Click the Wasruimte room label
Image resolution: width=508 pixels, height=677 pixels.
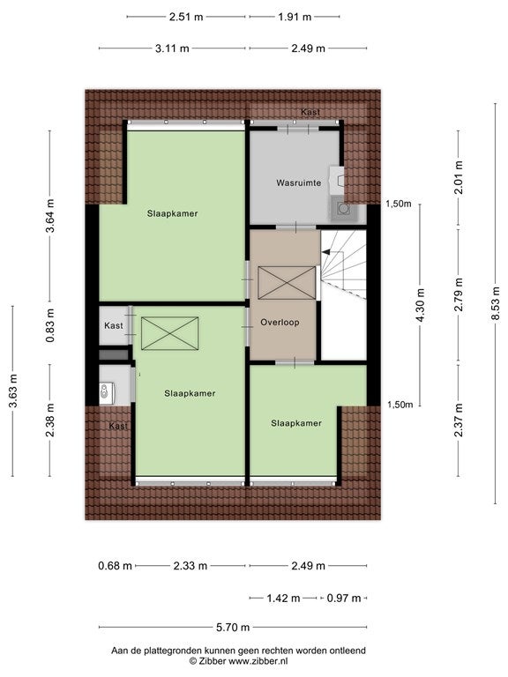pyautogui.click(x=298, y=183)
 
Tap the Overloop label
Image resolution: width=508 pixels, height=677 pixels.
pyautogui.click(x=280, y=322)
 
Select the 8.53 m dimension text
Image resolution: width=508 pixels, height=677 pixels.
pyautogui.click(x=496, y=303)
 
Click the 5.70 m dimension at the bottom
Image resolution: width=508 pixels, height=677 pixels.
pyautogui.click(x=233, y=627)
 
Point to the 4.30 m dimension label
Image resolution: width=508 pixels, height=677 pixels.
pyautogui.click(x=421, y=305)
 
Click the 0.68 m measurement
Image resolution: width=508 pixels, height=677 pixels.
pyautogui.click(x=115, y=566)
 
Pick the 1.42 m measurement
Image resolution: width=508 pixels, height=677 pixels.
pyautogui.click(x=283, y=598)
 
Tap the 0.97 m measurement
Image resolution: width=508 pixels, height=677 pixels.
pyautogui.click(x=344, y=598)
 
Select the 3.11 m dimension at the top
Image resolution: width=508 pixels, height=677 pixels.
pyautogui.click(x=172, y=48)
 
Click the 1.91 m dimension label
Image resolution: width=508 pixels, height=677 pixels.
pyautogui.click(x=295, y=17)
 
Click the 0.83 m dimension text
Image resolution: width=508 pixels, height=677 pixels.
pyautogui.click(x=50, y=325)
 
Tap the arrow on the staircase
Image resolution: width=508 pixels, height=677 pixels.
pyautogui.click(x=327, y=251)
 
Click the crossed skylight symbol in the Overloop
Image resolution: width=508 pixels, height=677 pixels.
pyautogui.click(x=287, y=283)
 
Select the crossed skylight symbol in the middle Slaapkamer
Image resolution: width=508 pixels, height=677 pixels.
pyautogui.click(x=169, y=333)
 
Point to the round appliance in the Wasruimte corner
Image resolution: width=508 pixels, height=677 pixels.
pyautogui.click(x=344, y=209)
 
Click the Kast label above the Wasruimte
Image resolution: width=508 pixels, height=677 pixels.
pyautogui.click(x=310, y=112)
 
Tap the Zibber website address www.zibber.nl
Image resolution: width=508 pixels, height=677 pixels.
pyautogui.click(x=258, y=660)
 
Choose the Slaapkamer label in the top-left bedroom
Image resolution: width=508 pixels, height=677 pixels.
pyautogui.click(x=172, y=213)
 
